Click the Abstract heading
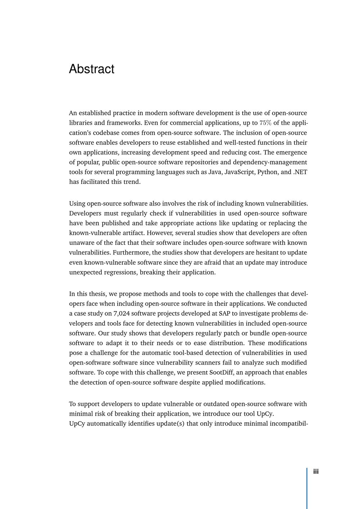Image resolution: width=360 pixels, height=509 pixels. tap(91, 69)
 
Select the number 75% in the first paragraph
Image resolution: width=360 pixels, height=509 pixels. tap(265, 123)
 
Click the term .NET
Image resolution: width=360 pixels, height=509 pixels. tap(300, 172)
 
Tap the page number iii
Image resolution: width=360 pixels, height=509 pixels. tap(316, 472)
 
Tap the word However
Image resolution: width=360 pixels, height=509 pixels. tap(159, 233)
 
